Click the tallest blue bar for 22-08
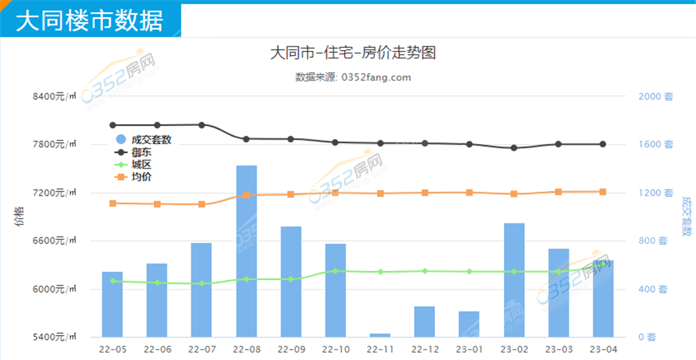click(246, 251)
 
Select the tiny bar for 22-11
click(380, 335)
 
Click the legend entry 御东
click(141, 152)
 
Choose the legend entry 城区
click(141, 164)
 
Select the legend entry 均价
click(141, 177)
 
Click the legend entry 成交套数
click(150, 139)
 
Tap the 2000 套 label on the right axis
click(656, 97)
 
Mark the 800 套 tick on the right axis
click(656, 241)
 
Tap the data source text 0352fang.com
click(375, 77)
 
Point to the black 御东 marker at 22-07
click(202, 125)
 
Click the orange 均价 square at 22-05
click(113, 203)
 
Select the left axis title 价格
click(18, 217)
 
